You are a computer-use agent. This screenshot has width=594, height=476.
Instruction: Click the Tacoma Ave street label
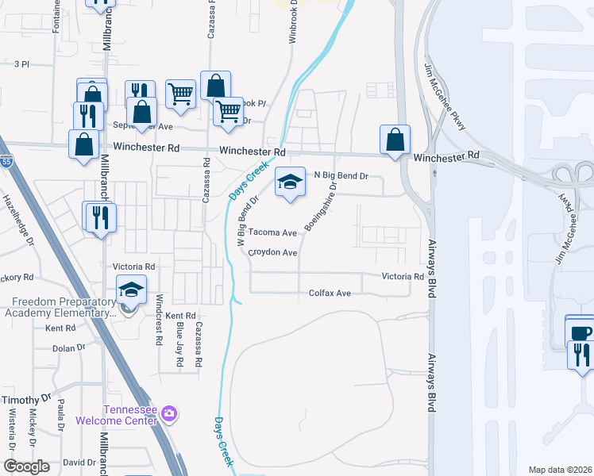point(272,233)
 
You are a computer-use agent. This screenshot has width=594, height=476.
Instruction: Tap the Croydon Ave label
point(272,253)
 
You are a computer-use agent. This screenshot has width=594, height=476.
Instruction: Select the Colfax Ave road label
point(330,294)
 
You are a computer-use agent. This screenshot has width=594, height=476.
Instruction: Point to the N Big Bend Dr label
point(342,175)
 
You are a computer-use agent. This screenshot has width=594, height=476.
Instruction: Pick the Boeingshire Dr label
point(322,208)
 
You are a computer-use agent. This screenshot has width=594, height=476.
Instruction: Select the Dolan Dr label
point(68,348)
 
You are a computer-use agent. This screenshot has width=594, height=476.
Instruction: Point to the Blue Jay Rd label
point(179,344)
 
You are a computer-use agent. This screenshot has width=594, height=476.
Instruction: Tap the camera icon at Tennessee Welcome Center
point(168,413)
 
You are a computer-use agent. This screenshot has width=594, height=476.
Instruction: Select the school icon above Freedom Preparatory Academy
point(132,290)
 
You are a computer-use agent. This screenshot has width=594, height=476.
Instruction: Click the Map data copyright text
point(559,470)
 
